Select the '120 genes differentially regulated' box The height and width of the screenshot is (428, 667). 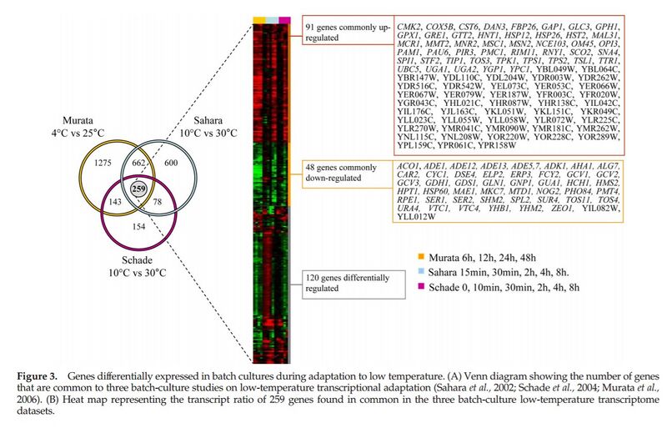click(x=339, y=283)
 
